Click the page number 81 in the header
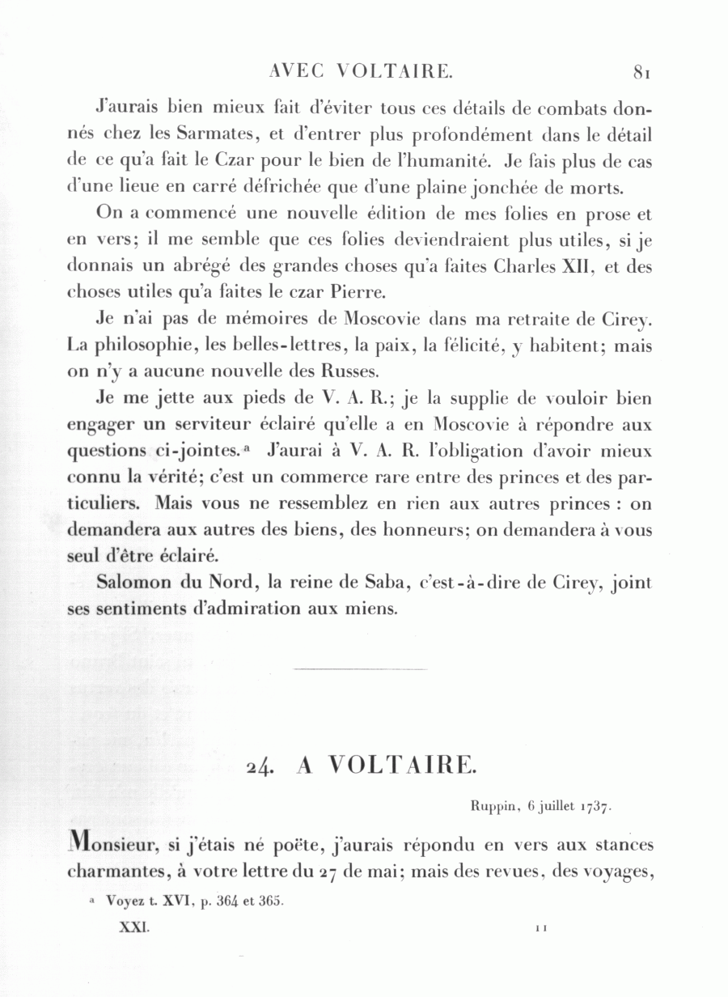[643, 72]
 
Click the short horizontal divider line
[361, 669]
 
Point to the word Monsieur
[118, 846]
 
